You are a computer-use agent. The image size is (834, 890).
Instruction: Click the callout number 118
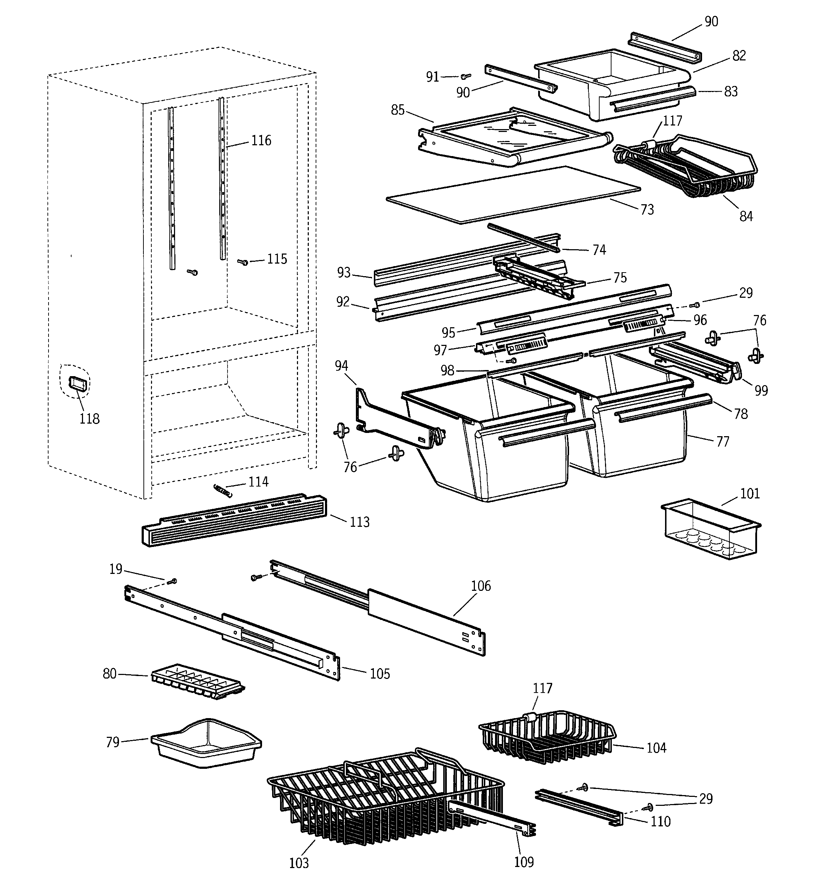[x=89, y=419]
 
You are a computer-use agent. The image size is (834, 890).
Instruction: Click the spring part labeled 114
[x=223, y=490]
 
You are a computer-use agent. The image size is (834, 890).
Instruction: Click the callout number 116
[x=261, y=141]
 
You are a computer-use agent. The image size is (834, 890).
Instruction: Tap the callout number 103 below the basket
[x=299, y=863]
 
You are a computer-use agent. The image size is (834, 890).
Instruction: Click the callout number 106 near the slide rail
[x=480, y=586]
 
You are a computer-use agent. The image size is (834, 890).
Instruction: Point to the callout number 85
[x=398, y=110]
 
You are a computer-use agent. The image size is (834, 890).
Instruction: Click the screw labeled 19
[x=172, y=581]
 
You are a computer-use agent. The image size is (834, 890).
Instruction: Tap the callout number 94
[x=341, y=366]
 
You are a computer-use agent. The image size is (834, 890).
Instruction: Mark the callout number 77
[x=723, y=442]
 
